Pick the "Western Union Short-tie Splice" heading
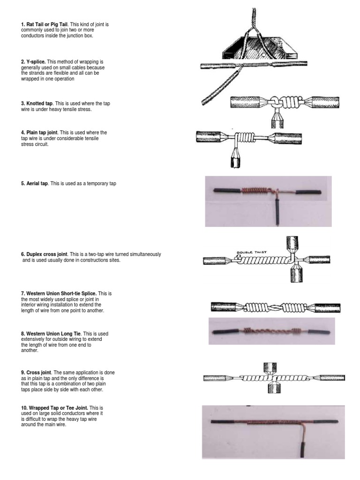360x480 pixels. tap(61, 293)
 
